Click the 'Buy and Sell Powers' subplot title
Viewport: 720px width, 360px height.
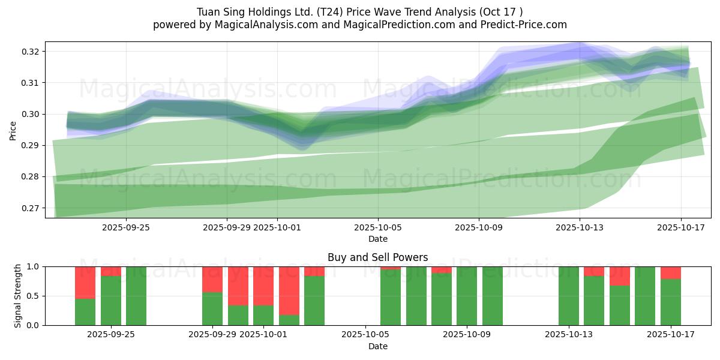click(x=377, y=257)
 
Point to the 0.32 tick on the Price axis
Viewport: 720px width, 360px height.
click(x=31, y=52)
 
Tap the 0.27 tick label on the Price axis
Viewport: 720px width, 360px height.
click(x=31, y=208)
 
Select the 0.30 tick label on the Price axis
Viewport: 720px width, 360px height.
click(x=31, y=114)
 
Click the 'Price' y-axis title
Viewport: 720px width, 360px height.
click(x=13, y=130)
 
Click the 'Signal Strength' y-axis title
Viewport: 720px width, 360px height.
click(x=18, y=295)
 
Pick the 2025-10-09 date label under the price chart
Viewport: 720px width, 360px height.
click(x=478, y=227)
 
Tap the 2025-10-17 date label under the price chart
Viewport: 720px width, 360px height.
click(x=680, y=227)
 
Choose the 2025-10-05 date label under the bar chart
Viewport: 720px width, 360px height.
click(x=365, y=334)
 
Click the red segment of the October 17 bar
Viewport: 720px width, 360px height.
click(x=671, y=272)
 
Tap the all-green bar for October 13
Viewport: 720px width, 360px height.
click(x=569, y=296)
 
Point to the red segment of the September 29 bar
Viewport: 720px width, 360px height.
click(x=212, y=279)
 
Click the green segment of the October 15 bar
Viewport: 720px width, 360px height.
click(x=620, y=305)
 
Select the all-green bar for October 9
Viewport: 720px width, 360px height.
click(x=467, y=296)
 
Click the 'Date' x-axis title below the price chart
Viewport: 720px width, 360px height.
click(x=377, y=239)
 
